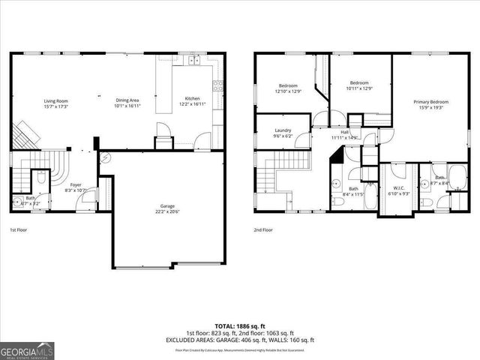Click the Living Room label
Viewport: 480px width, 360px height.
[56, 100]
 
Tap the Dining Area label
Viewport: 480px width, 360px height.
[127, 100]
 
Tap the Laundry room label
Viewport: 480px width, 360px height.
[283, 130]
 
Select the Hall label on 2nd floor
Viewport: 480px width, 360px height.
[346, 132]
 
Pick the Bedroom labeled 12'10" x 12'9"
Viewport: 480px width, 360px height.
[289, 85]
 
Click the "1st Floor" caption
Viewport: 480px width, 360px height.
[19, 229]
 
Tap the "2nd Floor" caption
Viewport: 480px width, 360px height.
[262, 229]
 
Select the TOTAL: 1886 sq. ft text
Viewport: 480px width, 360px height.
[240, 327]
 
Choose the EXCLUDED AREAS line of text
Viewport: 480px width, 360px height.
[240, 340]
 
